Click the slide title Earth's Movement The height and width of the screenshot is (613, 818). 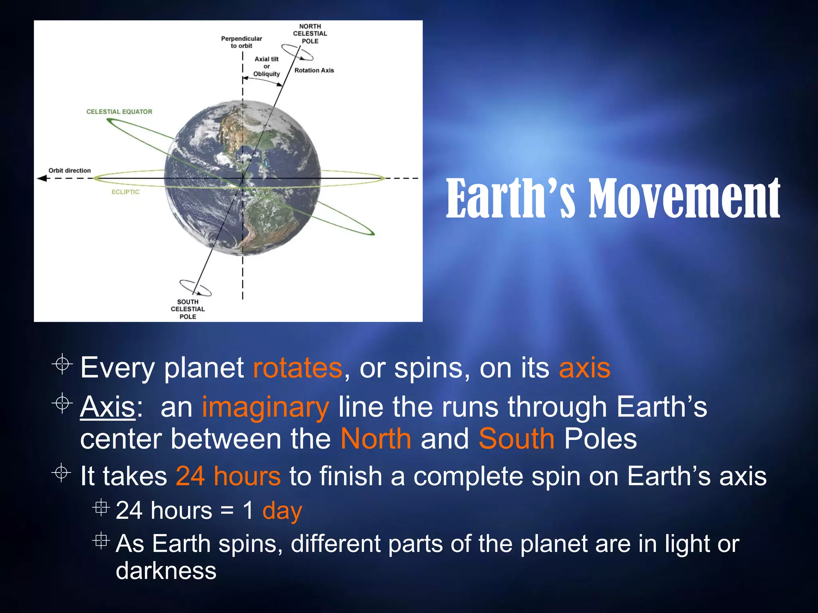tap(613, 199)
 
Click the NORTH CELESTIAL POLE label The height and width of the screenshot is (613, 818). tap(310, 34)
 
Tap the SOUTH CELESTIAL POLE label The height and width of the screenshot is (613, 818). tap(188, 309)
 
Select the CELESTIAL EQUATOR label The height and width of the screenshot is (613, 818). tap(119, 112)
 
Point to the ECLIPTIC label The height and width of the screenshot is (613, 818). tap(125, 192)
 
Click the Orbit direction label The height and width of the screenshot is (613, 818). tap(69, 170)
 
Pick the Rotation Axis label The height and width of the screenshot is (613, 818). tap(314, 70)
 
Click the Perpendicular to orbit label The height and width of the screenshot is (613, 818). tap(241, 42)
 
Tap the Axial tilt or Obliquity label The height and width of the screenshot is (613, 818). tap(266, 67)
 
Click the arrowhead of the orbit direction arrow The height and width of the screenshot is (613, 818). tap(42, 178)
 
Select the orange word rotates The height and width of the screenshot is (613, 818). tap(298, 368)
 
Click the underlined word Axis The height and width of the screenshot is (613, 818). tap(107, 407)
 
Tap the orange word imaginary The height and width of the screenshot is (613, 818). tap(266, 407)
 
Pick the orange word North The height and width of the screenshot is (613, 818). tap(376, 439)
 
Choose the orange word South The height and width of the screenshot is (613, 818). tap(516, 439)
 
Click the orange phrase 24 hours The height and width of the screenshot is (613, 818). tap(228, 476)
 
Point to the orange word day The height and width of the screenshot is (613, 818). tap(282, 511)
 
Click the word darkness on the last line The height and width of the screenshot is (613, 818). tap(166, 570)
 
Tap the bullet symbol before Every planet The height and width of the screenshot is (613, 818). tap(62, 364)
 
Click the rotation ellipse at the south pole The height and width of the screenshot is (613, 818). tap(195, 287)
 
